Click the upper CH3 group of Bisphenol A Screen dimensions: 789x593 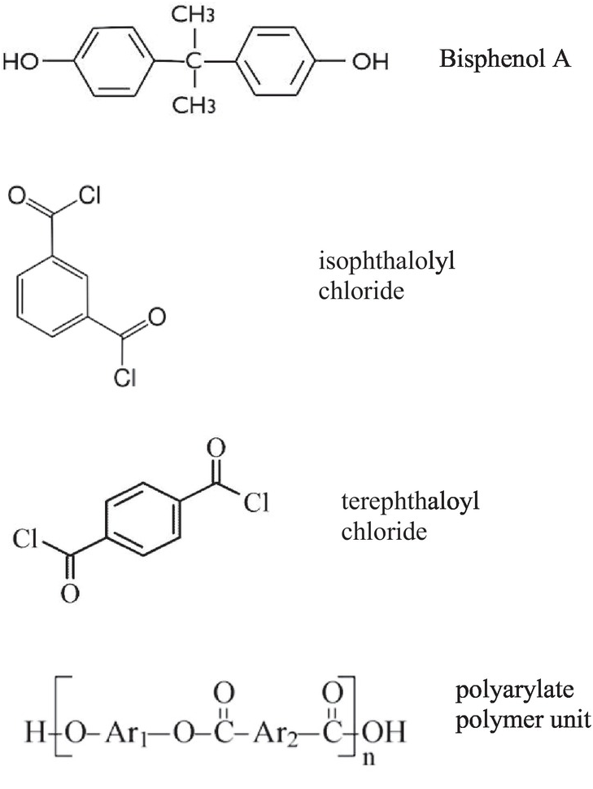pyautogui.click(x=193, y=14)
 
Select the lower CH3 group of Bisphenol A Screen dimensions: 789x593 pyautogui.click(x=193, y=106)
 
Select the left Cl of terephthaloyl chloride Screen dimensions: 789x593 pyautogui.click(x=27, y=540)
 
